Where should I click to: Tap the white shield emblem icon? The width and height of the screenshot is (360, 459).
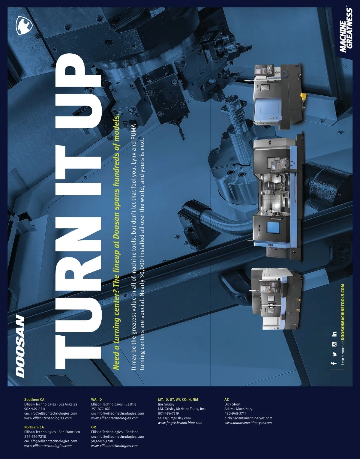24,25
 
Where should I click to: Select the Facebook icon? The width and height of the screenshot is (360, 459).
334,363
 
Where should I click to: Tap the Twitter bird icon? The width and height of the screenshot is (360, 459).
334,354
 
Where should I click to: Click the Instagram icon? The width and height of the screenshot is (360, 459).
334,344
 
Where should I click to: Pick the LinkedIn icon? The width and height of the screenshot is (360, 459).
334,334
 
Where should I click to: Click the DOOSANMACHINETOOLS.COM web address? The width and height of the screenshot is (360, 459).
343,312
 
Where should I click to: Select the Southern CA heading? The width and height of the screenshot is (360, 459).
34,399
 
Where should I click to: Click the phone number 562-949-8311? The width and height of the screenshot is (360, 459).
34,409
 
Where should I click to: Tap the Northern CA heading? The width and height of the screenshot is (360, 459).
34,427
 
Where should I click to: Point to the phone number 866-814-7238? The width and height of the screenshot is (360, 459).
35,436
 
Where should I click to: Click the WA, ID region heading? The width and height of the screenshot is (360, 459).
97,399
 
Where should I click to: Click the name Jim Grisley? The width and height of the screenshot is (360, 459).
166,404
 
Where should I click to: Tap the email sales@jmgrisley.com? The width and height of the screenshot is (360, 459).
174,418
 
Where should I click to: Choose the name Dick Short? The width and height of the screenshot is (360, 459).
232,404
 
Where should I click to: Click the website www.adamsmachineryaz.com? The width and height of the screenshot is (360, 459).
248,423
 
